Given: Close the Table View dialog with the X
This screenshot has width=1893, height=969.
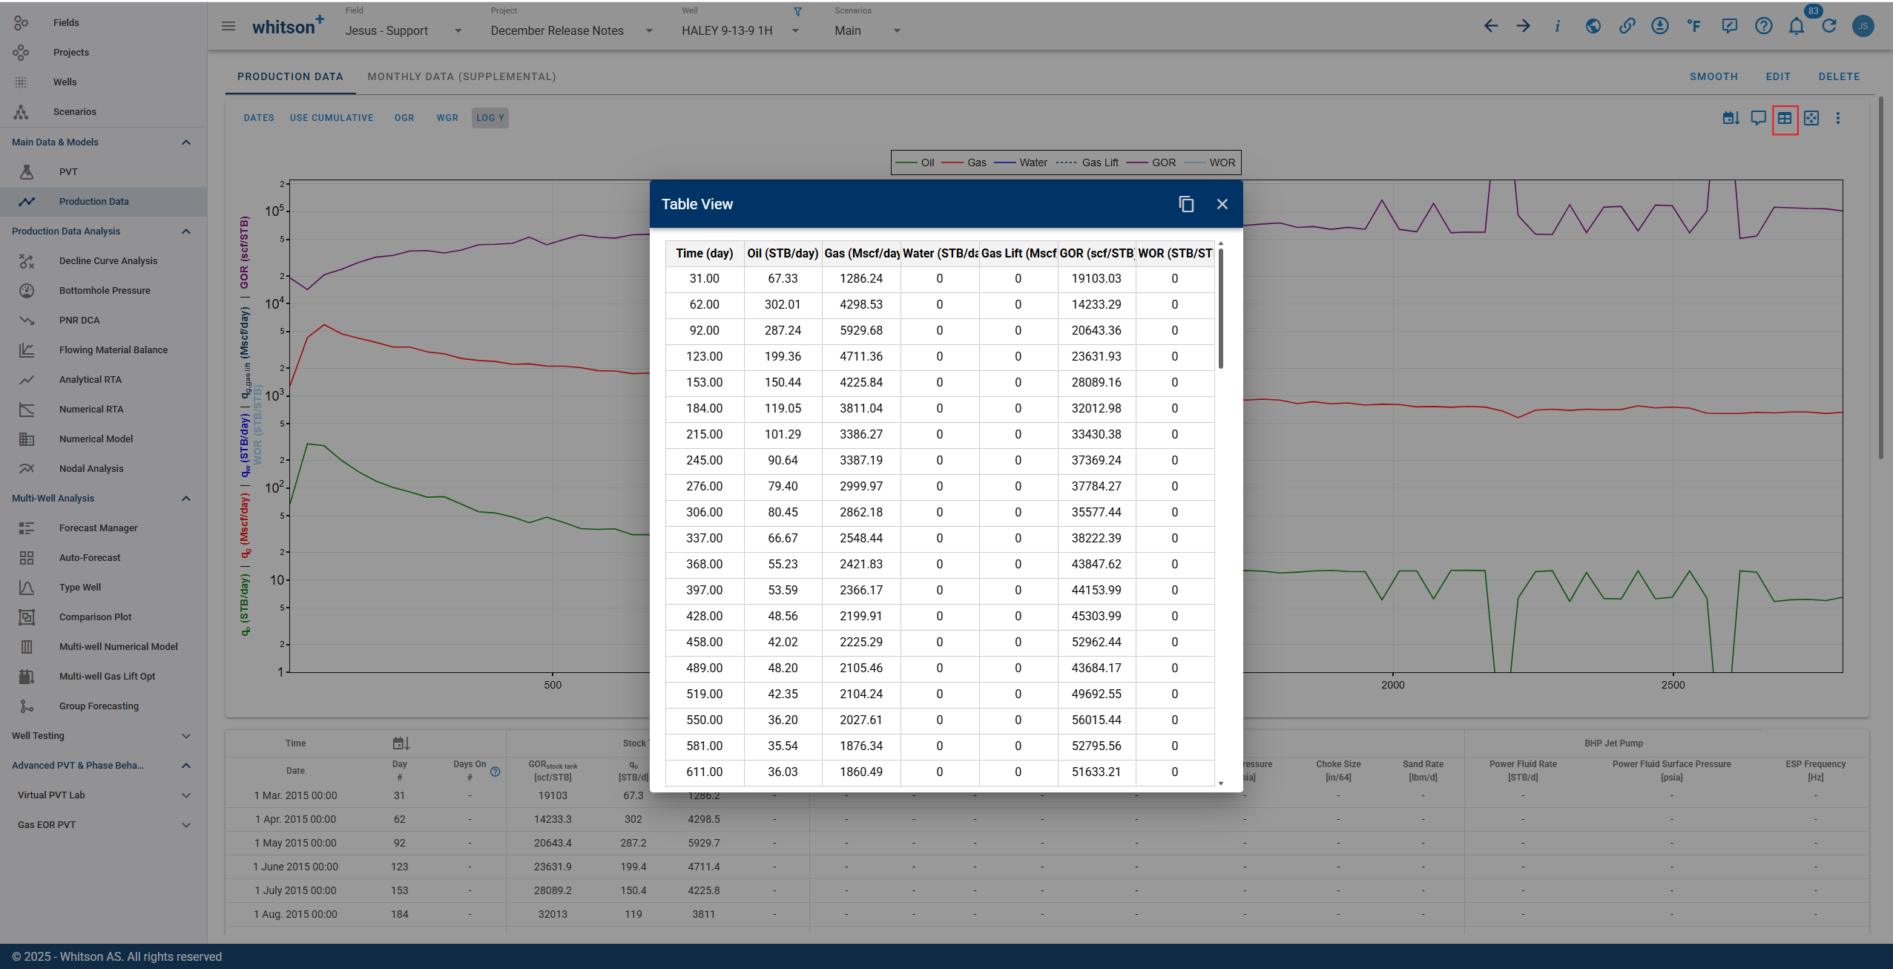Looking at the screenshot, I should click(x=1222, y=204).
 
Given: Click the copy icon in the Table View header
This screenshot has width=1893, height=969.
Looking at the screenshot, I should click(x=1186, y=204).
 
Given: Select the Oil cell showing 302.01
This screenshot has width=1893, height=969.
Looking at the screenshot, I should click(x=783, y=304).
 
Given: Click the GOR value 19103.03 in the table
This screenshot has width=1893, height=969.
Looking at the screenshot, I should click(x=1096, y=278).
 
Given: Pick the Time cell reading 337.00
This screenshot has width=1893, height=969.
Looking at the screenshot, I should click(x=704, y=538).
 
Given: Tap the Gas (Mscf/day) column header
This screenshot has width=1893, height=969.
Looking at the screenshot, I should click(x=861, y=253).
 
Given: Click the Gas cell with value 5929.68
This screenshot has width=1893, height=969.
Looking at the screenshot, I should click(x=861, y=330).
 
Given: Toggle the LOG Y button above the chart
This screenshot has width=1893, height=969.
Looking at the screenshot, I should click(x=490, y=118).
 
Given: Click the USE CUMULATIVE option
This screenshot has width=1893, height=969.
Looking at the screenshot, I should click(x=332, y=118).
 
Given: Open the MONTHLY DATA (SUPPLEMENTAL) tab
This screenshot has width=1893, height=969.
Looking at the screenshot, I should click(x=461, y=76).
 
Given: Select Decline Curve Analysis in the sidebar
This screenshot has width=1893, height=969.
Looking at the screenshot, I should click(x=108, y=260).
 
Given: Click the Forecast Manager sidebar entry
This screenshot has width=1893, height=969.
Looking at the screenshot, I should click(x=99, y=528).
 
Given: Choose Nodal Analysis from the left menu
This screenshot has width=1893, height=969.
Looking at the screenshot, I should click(x=91, y=468).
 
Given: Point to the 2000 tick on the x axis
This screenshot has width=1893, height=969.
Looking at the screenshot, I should click(x=1392, y=685).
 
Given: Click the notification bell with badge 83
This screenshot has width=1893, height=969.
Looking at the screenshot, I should click(x=1796, y=27).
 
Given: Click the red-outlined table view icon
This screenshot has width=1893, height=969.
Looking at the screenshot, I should click(x=1785, y=119).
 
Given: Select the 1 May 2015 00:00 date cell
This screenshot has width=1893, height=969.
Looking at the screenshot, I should click(x=295, y=843).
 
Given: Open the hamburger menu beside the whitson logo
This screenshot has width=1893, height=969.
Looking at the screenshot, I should click(x=228, y=27).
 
